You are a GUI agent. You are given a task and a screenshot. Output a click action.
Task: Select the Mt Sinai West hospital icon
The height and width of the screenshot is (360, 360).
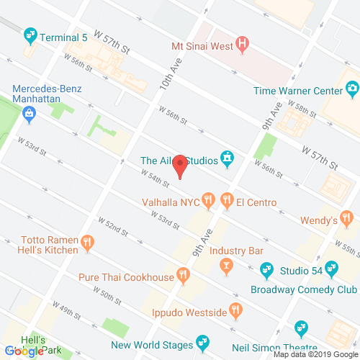point(243,45)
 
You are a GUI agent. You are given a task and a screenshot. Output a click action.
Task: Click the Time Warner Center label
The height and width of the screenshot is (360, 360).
point(296,91)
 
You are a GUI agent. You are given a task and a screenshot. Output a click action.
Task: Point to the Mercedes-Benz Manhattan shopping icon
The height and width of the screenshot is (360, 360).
point(29,112)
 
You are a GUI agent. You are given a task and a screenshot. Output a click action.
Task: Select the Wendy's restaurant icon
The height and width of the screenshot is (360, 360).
point(346,217)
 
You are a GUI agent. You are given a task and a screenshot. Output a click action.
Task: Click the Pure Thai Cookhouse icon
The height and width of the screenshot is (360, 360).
point(184,274)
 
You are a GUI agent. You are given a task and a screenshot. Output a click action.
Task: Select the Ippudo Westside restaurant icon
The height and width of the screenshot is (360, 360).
point(235,310)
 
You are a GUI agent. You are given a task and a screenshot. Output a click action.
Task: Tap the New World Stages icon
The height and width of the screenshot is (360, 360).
point(204,340)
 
